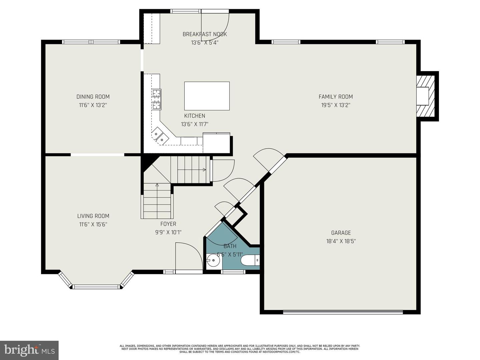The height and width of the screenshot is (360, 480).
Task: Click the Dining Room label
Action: click(93, 97)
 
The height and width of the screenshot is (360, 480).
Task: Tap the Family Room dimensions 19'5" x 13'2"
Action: click(336, 105)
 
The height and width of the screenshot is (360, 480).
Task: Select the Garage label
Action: click(341, 233)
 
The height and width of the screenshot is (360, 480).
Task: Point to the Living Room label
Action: click(93, 216)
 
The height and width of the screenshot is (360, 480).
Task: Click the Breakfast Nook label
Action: click(205, 34)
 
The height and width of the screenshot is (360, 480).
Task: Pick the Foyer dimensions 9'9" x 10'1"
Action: click(168, 232)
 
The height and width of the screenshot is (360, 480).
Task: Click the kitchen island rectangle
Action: click(207, 96)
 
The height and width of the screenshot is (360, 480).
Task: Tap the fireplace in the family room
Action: click(426, 96)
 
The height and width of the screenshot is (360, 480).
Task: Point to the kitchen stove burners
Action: click(156, 99)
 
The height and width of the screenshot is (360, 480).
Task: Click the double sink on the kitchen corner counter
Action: click(159, 137)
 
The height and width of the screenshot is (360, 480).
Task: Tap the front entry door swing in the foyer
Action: click(188, 257)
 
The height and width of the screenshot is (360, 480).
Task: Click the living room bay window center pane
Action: click(96, 286)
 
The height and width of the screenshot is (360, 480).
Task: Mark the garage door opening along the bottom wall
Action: click(343, 312)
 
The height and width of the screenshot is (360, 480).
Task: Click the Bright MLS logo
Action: click(29, 350)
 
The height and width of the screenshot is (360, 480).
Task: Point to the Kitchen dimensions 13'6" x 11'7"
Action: click(195, 124)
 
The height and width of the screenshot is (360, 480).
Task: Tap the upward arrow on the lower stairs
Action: click(157, 185)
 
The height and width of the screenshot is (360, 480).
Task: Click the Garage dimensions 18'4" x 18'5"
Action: click(341, 241)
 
